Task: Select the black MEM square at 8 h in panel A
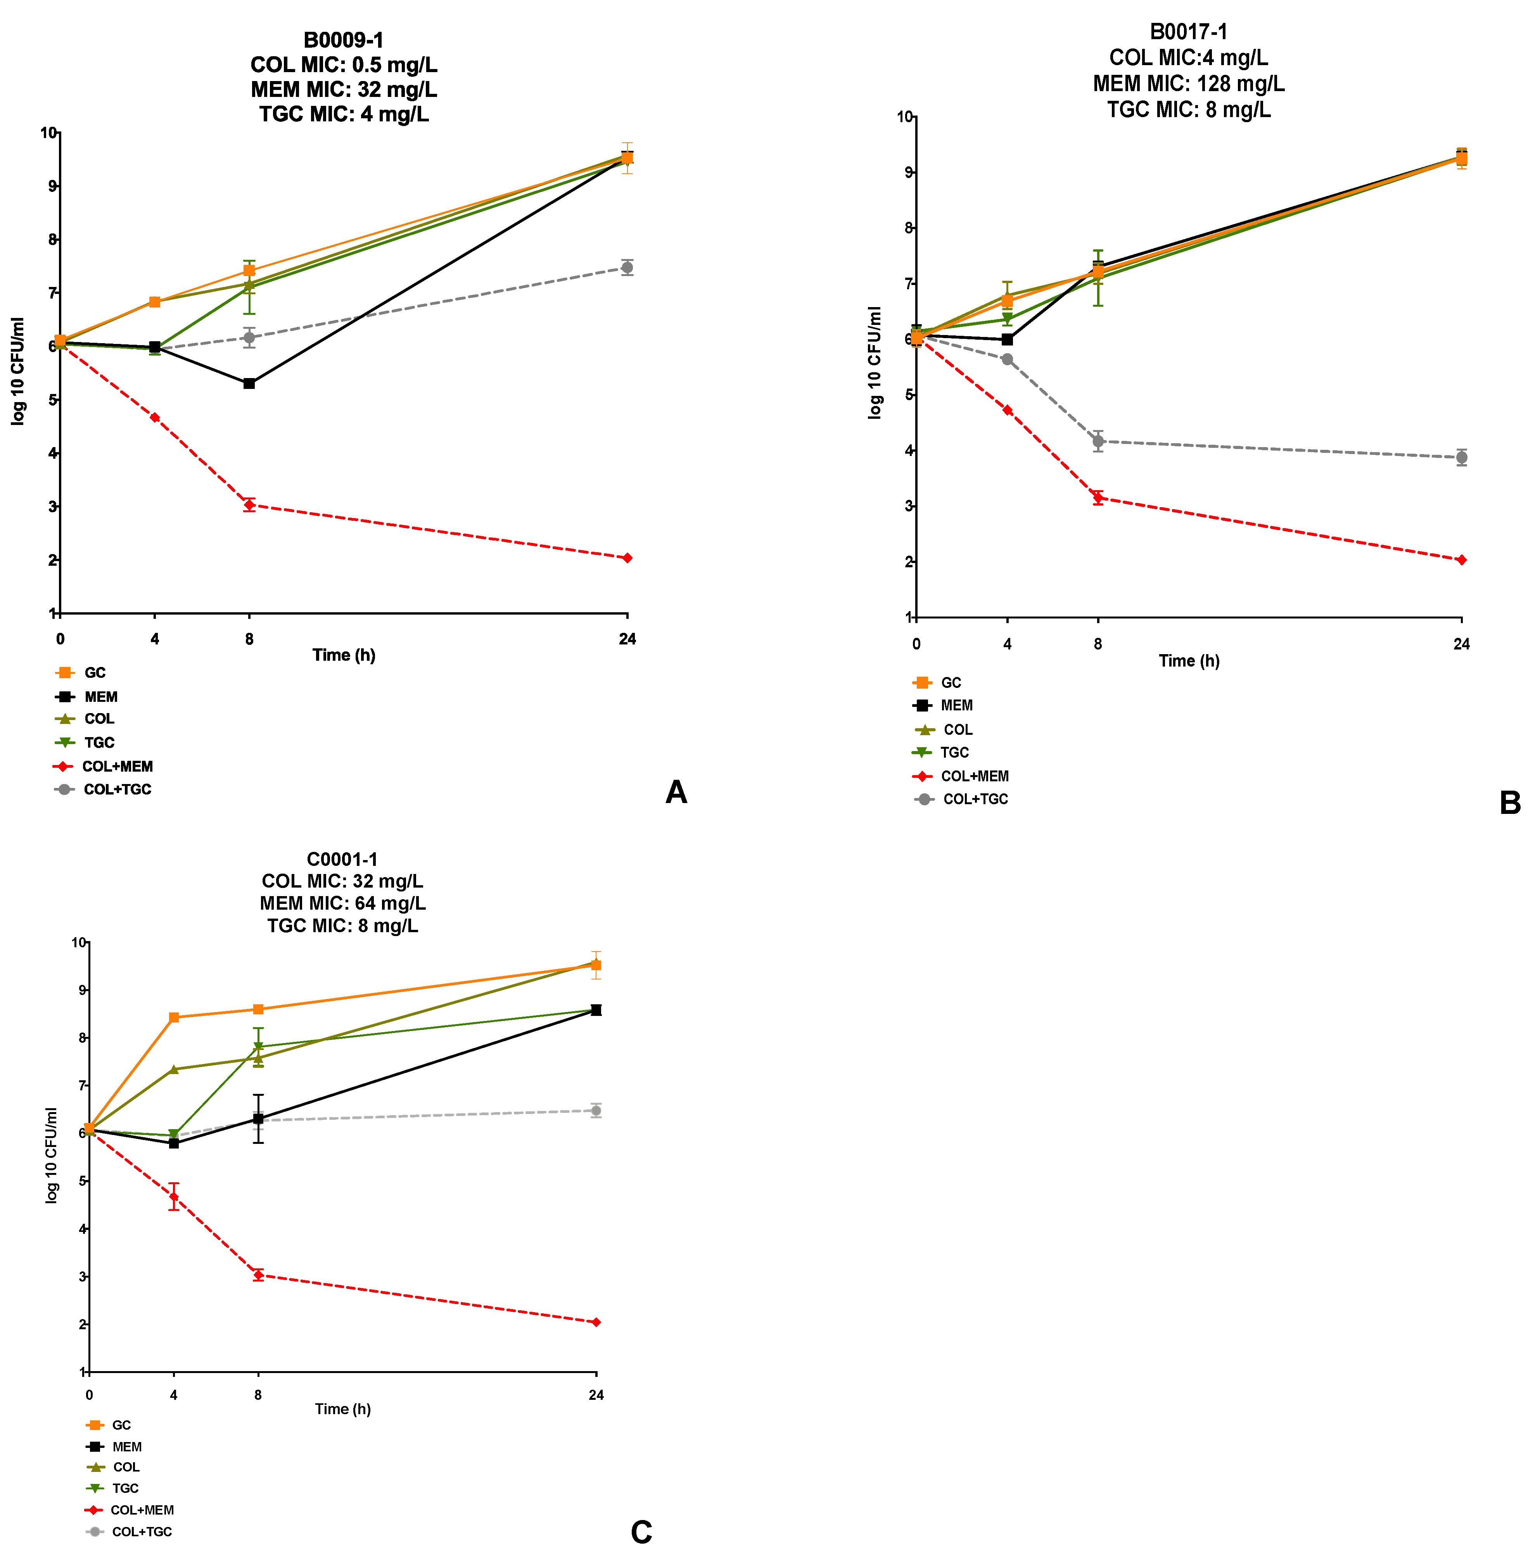(x=249, y=383)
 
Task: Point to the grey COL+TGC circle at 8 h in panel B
(x=1097, y=441)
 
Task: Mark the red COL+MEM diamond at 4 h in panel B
(x=1007, y=409)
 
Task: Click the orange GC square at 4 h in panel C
(x=173, y=1017)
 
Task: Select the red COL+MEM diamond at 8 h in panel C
(x=258, y=1275)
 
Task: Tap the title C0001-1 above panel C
(x=342, y=860)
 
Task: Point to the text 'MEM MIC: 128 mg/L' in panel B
(x=1188, y=84)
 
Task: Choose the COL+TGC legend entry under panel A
(x=103, y=789)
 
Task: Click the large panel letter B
(x=1509, y=803)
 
